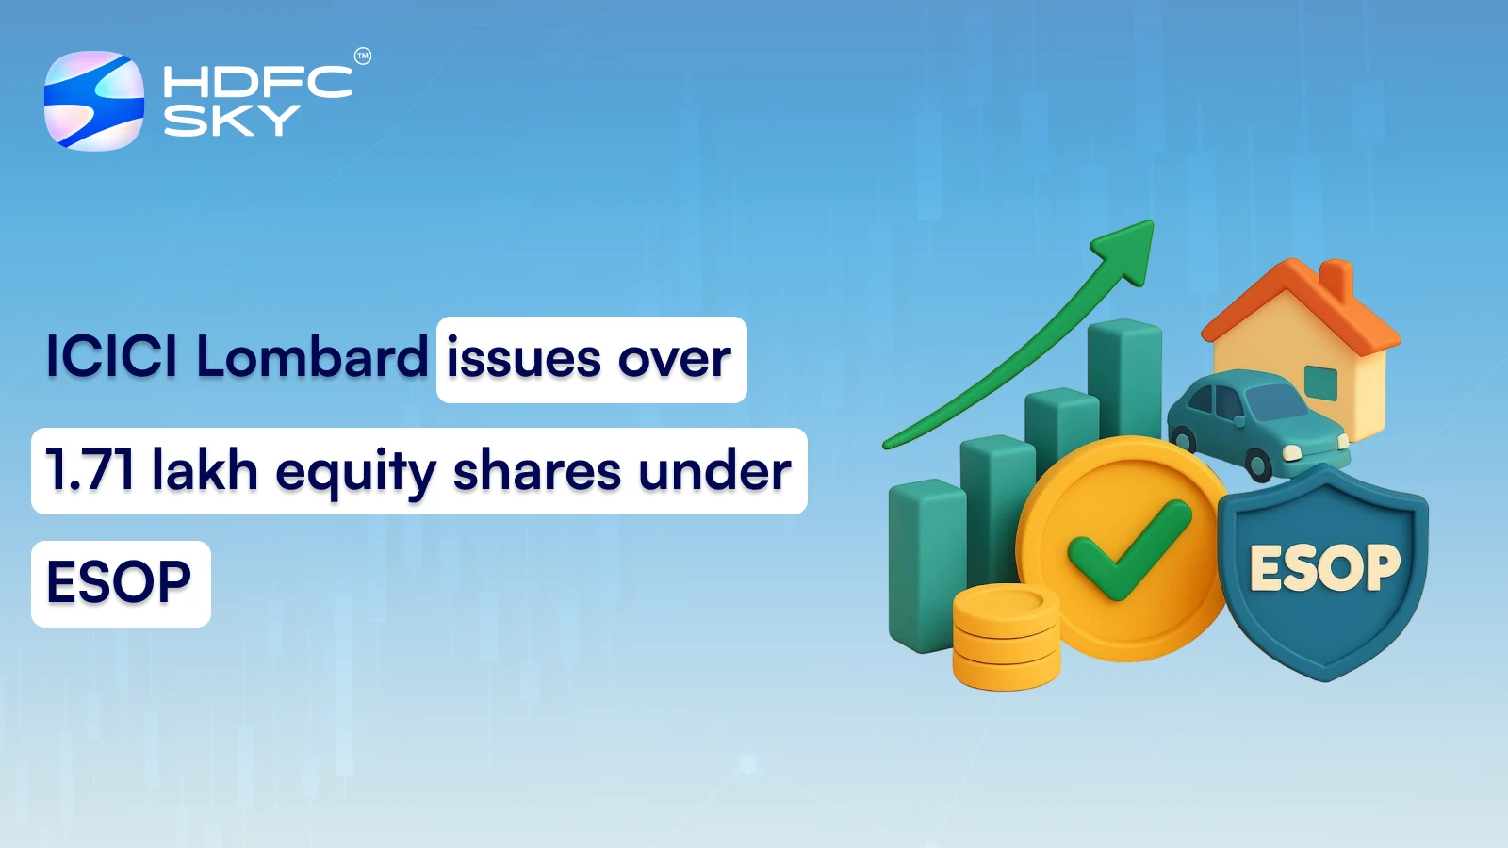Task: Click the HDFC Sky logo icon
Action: (x=94, y=101)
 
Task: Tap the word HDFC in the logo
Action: (x=257, y=82)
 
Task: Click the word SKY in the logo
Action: (x=232, y=121)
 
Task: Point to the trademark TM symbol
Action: (x=363, y=57)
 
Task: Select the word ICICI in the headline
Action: (x=111, y=357)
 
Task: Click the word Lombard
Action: (x=312, y=357)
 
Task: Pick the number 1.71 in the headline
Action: (x=90, y=470)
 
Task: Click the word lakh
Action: (x=205, y=470)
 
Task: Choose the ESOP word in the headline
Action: (x=120, y=582)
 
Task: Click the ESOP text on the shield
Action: (x=1324, y=568)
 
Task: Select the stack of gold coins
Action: (x=1006, y=636)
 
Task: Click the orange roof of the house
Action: (x=1300, y=298)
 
